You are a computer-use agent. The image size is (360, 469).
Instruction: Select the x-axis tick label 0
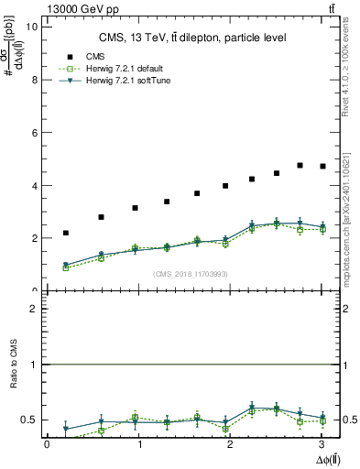47,444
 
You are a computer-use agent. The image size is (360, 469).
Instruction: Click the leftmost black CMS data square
66,233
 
